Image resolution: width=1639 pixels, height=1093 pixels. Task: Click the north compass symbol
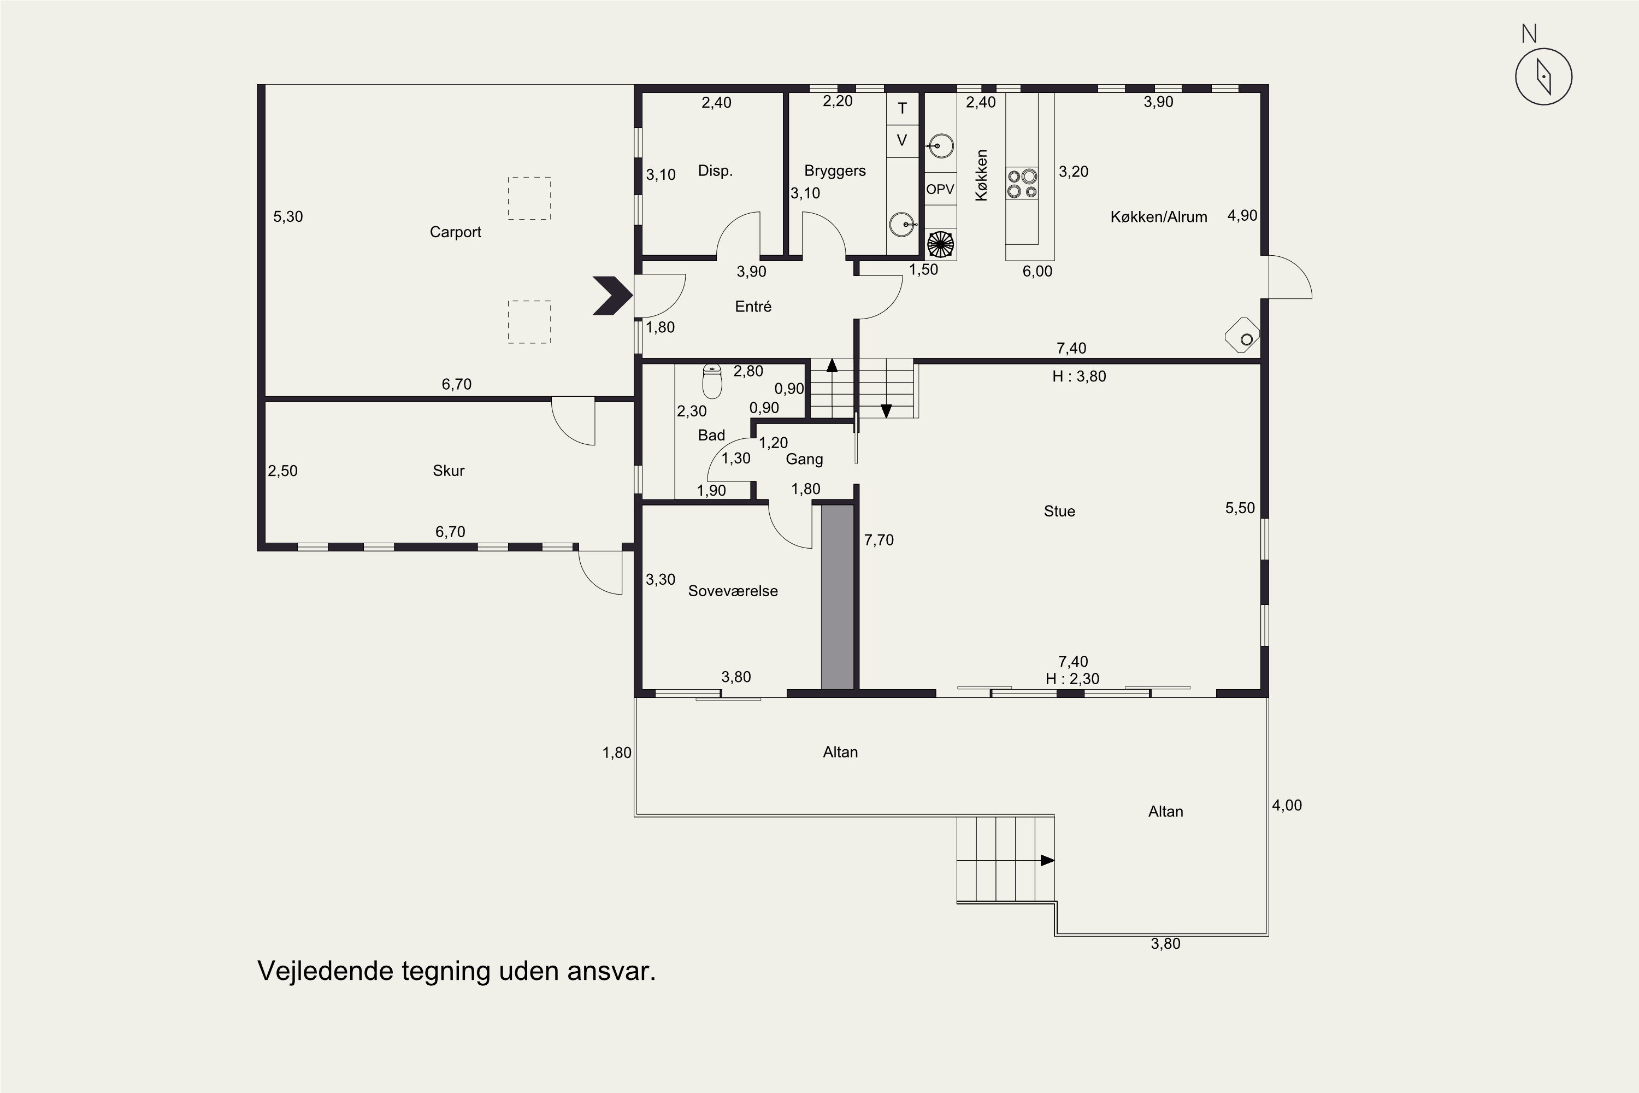tap(1543, 77)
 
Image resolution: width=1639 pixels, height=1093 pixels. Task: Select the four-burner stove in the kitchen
tap(1022, 183)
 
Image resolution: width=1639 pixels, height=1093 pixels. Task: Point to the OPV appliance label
tap(940, 189)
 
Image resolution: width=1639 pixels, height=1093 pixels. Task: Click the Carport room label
tap(455, 232)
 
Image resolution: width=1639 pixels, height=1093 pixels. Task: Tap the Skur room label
tap(449, 471)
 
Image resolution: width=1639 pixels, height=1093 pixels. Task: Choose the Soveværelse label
tap(733, 591)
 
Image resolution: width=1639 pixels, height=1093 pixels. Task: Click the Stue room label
tap(1059, 511)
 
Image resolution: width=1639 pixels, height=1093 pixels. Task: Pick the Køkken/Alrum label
tap(1159, 217)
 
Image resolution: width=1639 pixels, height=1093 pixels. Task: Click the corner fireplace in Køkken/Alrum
tap(1242, 336)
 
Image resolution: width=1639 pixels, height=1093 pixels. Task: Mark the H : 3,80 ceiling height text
tap(1080, 377)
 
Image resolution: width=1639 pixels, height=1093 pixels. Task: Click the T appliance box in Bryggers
tap(903, 108)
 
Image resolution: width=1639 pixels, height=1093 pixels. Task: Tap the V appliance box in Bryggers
tap(903, 141)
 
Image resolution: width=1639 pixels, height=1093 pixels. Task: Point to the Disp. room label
tap(716, 171)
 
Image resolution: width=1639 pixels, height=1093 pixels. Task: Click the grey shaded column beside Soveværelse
tap(837, 597)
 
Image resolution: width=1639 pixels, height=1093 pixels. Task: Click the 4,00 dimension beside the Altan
tap(1287, 805)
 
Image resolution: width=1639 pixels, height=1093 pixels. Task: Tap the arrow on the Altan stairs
tap(1047, 860)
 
